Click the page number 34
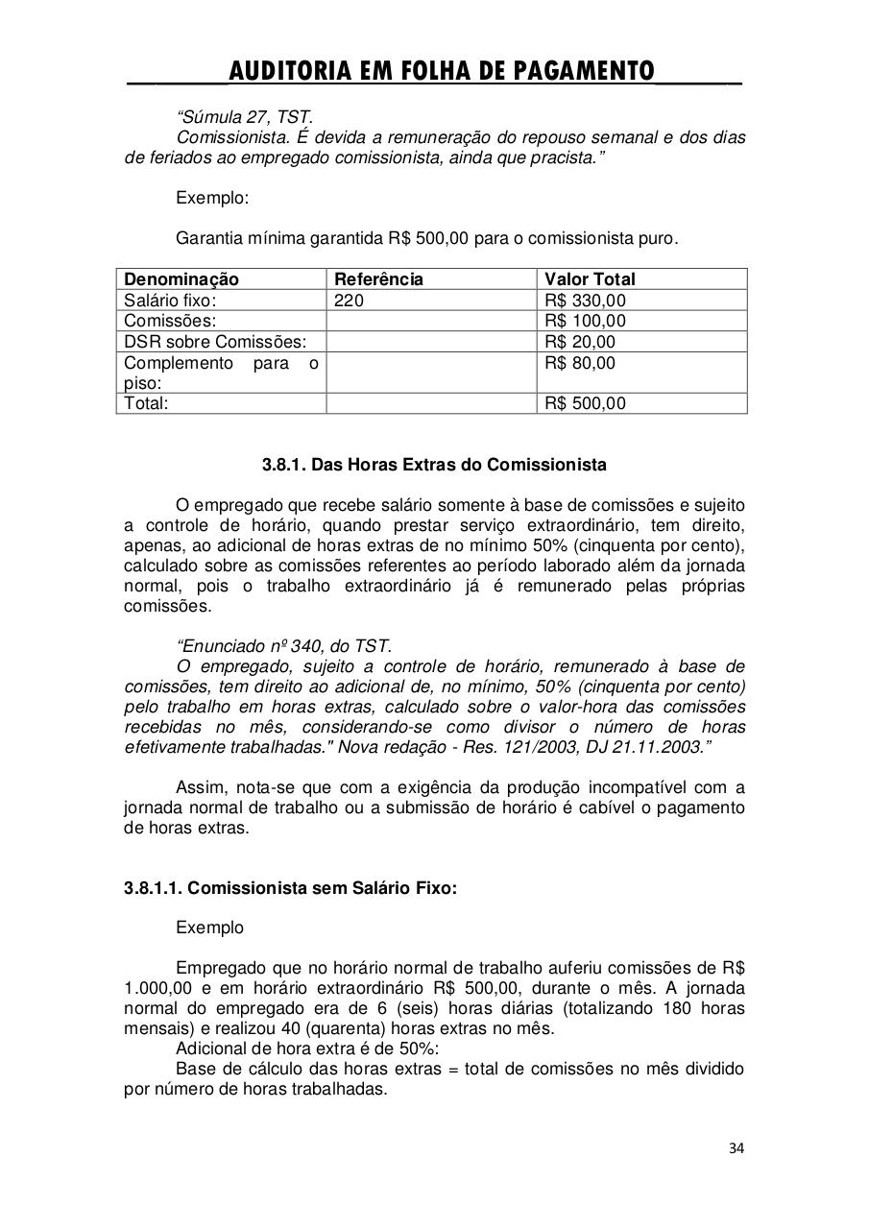[736, 1147]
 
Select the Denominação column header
[181, 279]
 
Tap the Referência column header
[378, 279]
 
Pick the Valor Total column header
[590, 279]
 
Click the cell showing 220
[349, 301]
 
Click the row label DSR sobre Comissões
[215, 342]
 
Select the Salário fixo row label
[171, 301]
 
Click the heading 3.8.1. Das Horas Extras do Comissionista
[434, 465]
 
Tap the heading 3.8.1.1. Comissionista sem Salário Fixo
[290, 888]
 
